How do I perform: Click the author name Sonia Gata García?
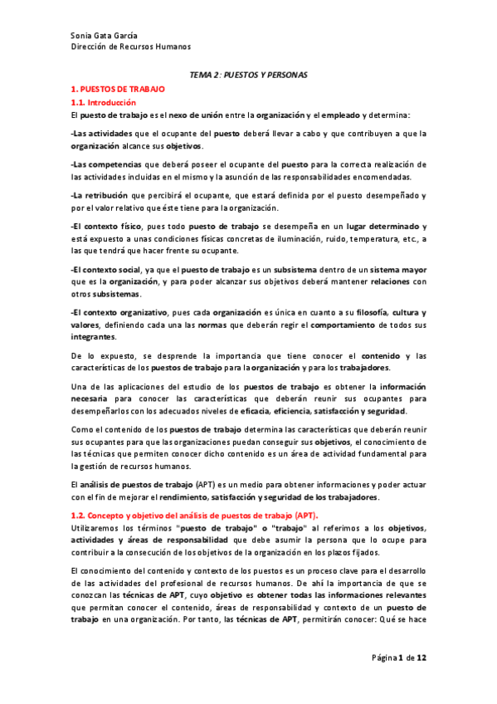105,36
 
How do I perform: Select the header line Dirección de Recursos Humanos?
130,47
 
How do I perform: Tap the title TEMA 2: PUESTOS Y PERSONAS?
248,75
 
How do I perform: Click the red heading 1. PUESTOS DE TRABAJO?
119,88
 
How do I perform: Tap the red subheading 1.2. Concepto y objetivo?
149,516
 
